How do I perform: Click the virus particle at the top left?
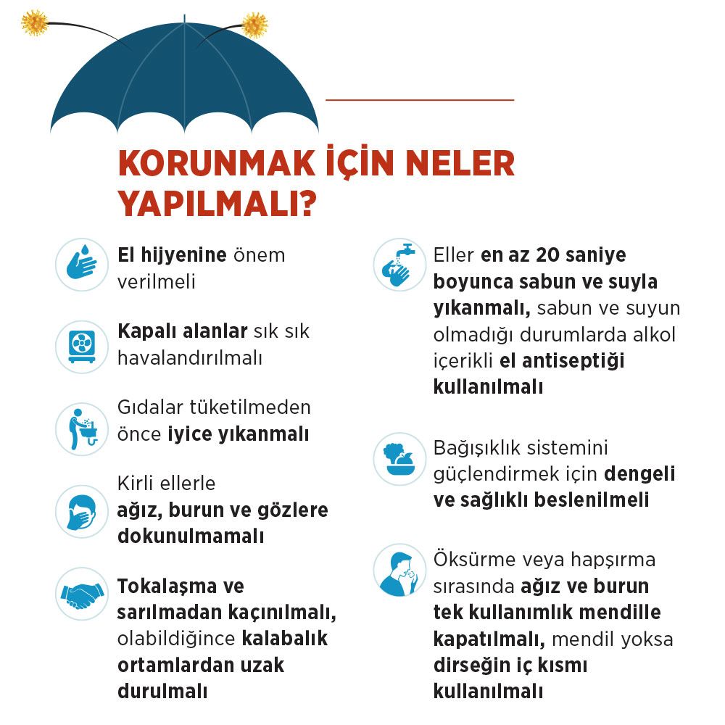coord(34,22)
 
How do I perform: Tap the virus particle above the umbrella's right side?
coord(254,25)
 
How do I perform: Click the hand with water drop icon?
coord(82,265)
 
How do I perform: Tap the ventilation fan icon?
coord(82,347)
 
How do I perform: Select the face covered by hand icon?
coord(82,512)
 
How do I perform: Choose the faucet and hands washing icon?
coord(399,265)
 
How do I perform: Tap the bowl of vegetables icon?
coord(399,460)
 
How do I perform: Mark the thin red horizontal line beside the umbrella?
coord(420,99)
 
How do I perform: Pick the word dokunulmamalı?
coord(190,536)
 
